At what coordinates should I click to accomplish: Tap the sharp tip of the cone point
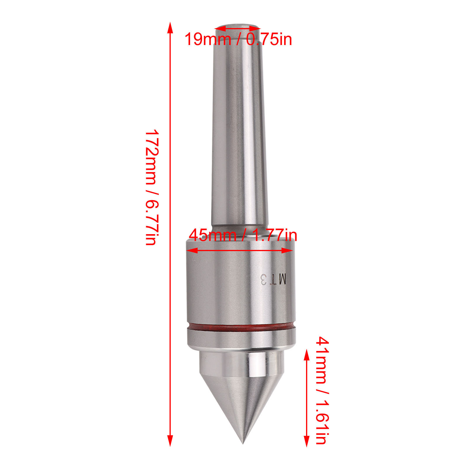click(x=243, y=443)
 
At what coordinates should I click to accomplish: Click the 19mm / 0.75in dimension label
click(x=238, y=39)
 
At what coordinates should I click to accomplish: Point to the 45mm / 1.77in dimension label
click(x=243, y=235)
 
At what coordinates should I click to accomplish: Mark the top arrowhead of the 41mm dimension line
click(x=306, y=355)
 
